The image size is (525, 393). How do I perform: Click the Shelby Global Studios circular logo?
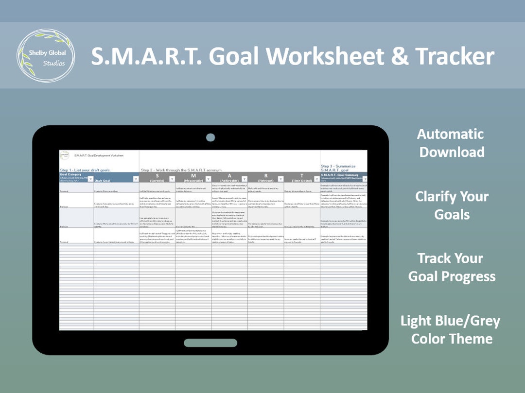(x=46, y=55)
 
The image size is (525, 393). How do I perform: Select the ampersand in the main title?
(x=400, y=56)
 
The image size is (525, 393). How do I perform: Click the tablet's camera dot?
(x=210, y=137)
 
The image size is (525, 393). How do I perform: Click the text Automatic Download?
(x=452, y=143)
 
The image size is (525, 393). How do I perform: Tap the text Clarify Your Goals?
(x=452, y=205)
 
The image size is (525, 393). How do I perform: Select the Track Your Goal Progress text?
(x=452, y=267)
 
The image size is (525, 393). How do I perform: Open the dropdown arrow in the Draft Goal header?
(x=136, y=179)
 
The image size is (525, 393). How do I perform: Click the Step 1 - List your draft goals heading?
(x=86, y=170)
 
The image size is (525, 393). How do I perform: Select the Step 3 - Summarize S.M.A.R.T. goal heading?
(x=338, y=168)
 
